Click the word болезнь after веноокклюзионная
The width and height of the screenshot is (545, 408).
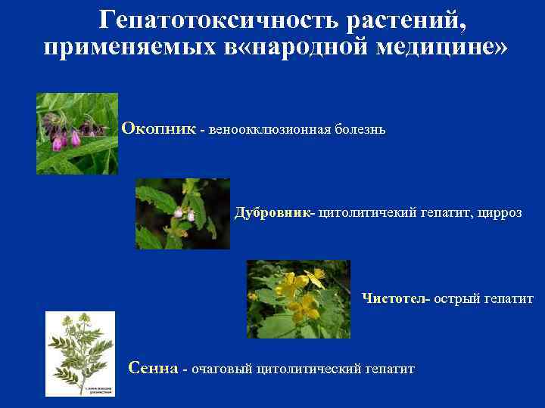point(361,130)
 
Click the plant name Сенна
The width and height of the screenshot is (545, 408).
point(154,369)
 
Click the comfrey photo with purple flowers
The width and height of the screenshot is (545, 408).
point(77,134)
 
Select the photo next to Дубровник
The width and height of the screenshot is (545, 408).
point(182,214)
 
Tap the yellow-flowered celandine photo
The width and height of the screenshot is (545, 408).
point(298,299)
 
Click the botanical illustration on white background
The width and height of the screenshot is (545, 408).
point(80,354)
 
